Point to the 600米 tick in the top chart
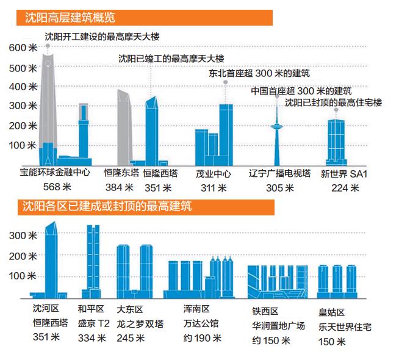click(x=24, y=48)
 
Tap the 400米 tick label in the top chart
click(x=24, y=87)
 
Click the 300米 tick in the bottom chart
click(x=24, y=236)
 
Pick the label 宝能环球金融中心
click(x=55, y=173)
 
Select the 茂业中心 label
click(x=213, y=173)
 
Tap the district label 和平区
click(x=91, y=308)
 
